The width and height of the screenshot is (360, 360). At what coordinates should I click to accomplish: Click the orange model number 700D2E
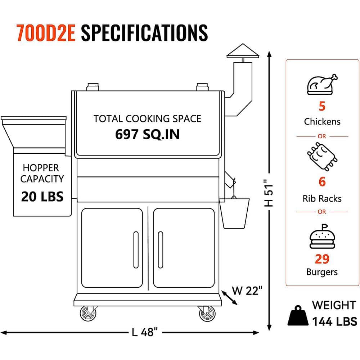(x=46, y=33)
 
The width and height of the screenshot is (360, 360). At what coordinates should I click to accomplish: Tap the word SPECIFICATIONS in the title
(x=144, y=33)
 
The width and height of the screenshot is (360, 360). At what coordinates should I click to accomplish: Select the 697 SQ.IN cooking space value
(x=147, y=134)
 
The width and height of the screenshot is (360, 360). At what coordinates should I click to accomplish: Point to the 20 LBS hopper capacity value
(x=42, y=197)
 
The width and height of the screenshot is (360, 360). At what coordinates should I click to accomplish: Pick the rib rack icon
(x=322, y=156)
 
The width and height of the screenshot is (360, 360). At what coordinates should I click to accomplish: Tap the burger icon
(x=322, y=237)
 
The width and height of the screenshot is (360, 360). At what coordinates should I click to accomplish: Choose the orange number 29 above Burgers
(x=322, y=259)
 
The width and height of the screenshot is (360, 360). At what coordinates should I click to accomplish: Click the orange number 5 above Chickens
(x=322, y=106)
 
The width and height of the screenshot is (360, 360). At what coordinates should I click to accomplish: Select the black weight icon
(x=298, y=315)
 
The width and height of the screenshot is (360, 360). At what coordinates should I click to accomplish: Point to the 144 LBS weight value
(x=334, y=321)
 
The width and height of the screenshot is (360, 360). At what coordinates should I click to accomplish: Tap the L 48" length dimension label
(x=145, y=332)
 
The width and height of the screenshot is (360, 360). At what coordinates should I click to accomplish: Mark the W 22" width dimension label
(x=247, y=291)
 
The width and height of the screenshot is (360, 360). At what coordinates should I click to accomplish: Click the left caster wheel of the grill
(x=88, y=313)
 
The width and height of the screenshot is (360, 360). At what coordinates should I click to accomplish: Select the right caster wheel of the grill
(x=207, y=314)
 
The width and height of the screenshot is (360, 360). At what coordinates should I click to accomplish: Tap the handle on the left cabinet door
(x=136, y=249)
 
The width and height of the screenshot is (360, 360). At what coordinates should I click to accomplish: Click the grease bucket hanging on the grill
(x=234, y=213)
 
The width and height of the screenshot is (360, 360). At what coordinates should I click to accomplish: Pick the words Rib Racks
(x=322, y=199)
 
